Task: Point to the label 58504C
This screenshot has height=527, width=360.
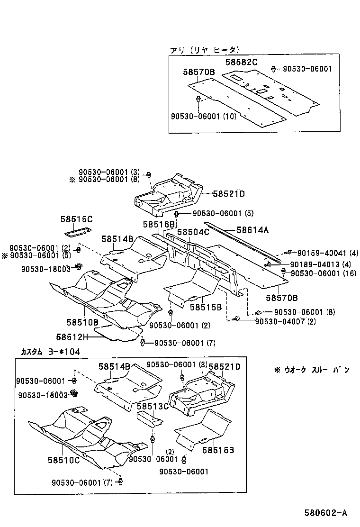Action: click(x=193, y=232)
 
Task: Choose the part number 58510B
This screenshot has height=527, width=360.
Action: click(x=82, y=322)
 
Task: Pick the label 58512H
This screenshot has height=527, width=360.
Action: click(x=72, y=337)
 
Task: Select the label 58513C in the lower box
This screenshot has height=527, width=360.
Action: click(x=153, y=406)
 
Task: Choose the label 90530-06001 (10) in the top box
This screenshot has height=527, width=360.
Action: click(x=202, y=116)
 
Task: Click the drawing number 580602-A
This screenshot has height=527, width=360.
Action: click(x=326, y=513)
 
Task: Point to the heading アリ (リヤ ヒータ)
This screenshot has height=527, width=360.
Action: click(x=205, y=49)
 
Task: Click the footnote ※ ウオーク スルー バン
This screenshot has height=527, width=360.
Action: click(x=312, y=370)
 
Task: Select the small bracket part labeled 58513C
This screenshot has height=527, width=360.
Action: click(x=149, y=418)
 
